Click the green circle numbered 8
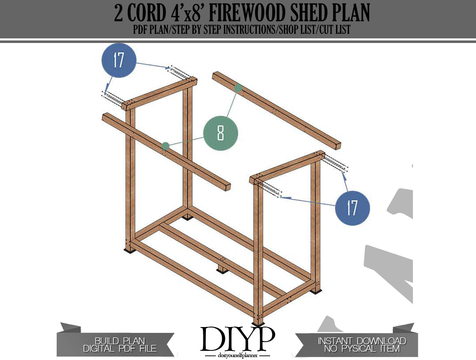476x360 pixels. point(221,133)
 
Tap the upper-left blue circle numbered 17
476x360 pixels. point(119,60)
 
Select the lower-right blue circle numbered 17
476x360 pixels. point(352,208)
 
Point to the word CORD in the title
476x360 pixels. point(146,13)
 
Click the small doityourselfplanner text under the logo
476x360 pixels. point(238,355)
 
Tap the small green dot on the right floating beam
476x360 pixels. point(238,88)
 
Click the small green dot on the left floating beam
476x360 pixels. point(165,146)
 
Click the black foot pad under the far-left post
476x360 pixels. point(130,250)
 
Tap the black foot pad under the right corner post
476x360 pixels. point(316,291)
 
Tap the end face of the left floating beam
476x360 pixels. point(227,187)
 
